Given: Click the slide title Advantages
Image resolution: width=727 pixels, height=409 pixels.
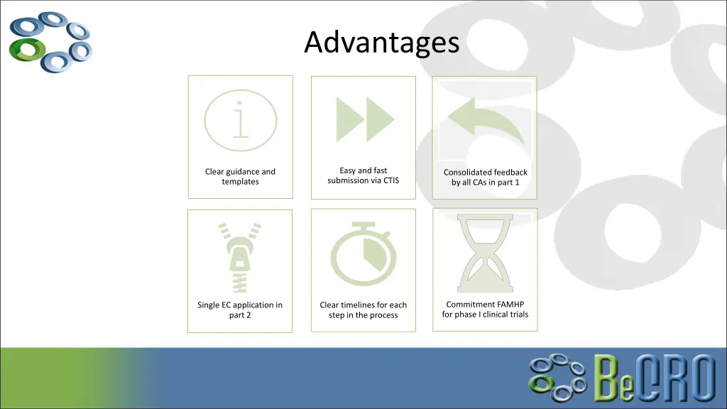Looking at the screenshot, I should point(382,43).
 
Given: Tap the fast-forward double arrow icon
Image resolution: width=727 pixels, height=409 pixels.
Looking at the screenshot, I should point(365,119).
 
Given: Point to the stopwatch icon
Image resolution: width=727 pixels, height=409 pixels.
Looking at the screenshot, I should point(363,254).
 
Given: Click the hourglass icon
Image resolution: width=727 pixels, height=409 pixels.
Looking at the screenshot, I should point(486,250).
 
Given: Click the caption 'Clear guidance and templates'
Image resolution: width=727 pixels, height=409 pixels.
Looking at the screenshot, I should point(240,177).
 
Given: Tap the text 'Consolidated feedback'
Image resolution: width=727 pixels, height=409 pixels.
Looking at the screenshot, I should point(486,173).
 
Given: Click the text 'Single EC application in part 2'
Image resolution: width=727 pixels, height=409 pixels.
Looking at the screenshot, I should point(240,310).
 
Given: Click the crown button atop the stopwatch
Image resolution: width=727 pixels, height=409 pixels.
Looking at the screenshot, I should point(363,226).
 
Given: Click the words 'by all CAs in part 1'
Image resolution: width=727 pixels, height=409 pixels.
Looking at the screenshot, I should point(486,182).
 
